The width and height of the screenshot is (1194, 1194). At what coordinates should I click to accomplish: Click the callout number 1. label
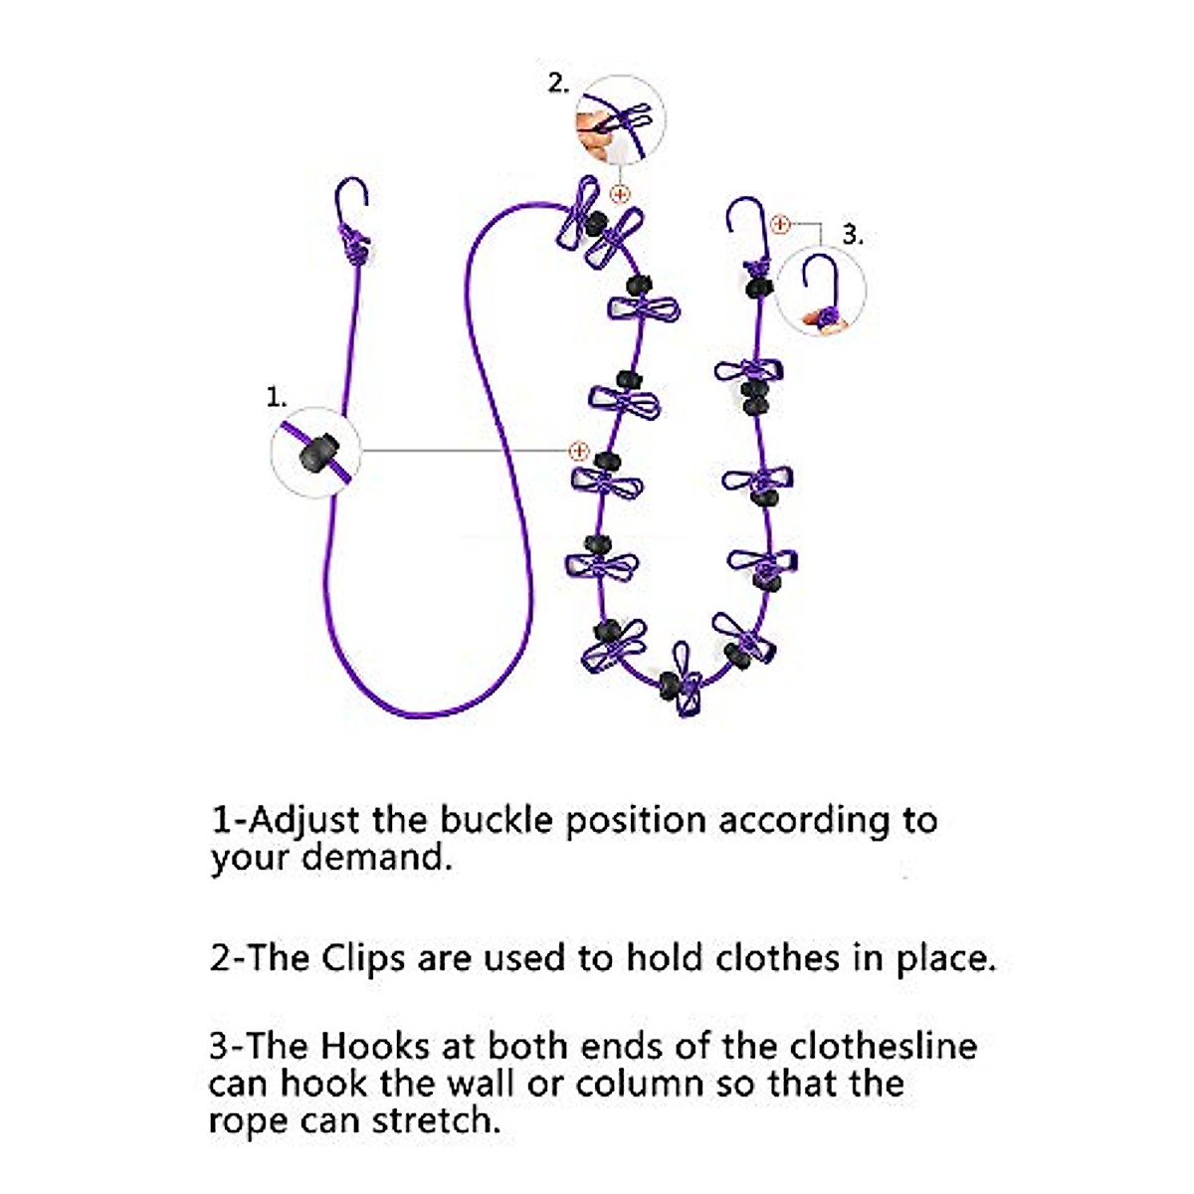point(276,397)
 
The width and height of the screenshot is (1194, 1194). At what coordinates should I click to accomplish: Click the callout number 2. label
point(558,84)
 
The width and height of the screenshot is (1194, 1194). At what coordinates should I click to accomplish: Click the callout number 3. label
point(853,235)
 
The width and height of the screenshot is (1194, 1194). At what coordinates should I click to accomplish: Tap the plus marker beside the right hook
point(780,224)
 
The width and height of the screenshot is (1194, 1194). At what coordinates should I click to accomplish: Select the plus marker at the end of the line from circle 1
point(578,452)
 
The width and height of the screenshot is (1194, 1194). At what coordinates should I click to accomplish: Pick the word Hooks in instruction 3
point(375,1047)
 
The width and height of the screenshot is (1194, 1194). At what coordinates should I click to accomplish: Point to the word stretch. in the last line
point(437,1120)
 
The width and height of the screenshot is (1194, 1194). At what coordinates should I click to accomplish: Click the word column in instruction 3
point(639,1084)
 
